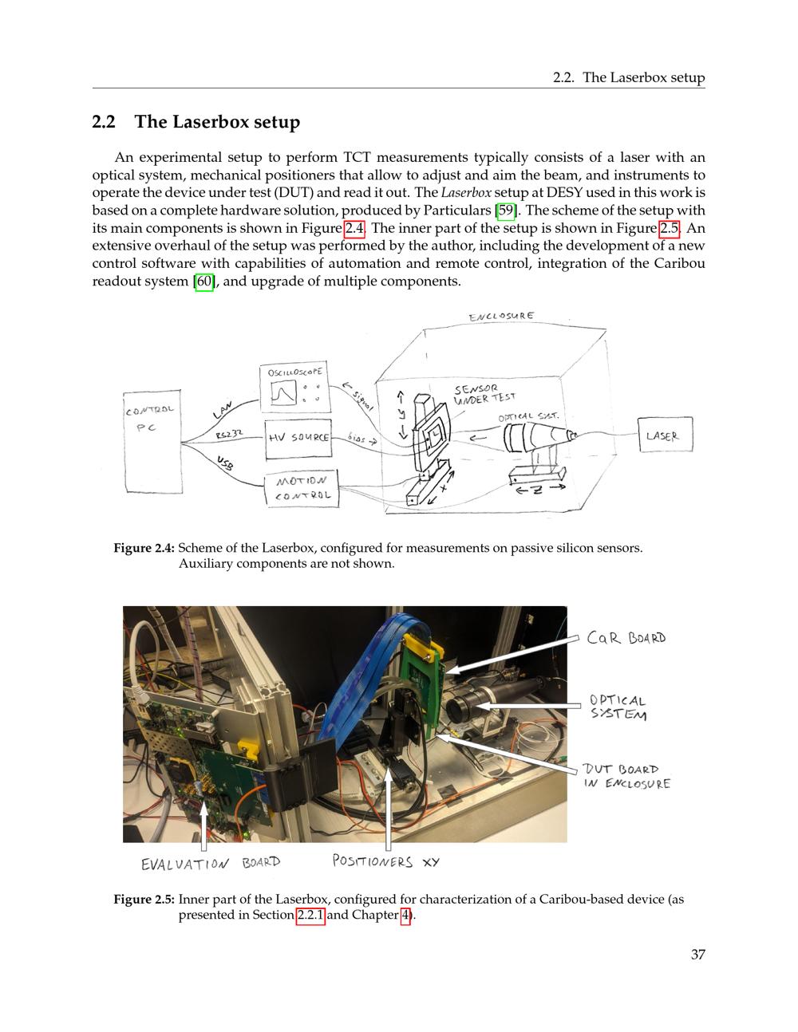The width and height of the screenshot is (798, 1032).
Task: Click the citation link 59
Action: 506,211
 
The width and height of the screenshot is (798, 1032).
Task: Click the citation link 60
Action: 204,282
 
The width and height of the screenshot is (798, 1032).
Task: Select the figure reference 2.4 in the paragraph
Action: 354,228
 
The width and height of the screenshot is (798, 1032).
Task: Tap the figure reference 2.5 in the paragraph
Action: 670,228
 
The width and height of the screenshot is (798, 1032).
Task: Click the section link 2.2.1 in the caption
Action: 310,915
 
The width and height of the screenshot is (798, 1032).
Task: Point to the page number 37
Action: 697,955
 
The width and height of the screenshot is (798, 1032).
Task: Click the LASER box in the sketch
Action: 665,435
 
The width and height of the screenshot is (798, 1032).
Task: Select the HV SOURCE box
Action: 298,439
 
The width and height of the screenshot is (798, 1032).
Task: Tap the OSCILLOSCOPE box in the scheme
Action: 295,388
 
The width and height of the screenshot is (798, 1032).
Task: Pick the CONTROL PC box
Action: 153,442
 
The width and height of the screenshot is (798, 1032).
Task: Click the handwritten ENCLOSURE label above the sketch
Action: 502,317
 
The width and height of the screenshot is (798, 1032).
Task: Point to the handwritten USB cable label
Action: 226,463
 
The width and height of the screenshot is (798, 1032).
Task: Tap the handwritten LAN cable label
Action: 223,409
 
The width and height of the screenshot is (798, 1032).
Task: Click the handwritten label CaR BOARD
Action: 626,638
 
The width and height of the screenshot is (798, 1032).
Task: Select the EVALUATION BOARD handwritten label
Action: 211,863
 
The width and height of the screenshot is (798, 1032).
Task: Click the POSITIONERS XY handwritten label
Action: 385,861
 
